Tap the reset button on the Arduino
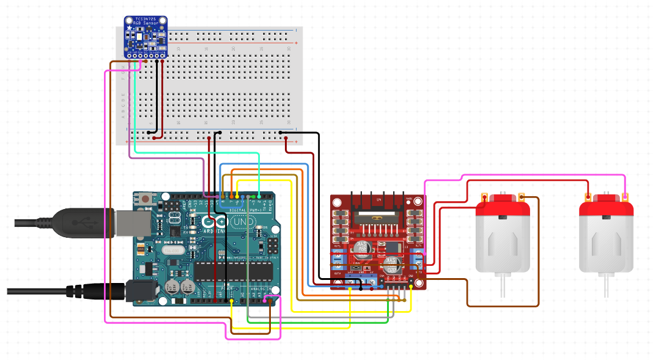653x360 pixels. [146, 198]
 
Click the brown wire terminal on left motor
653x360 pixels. [521, 197]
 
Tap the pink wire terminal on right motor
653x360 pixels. [625, 197]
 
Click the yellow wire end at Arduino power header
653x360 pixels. [232, 301]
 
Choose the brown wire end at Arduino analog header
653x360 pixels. [271, 301]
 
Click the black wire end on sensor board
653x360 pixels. [157, 61]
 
